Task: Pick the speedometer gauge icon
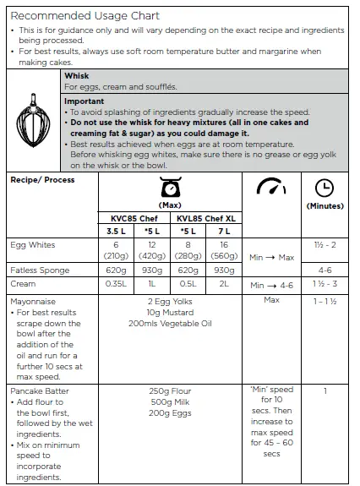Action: (271, 188)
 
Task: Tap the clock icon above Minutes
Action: (324, 188)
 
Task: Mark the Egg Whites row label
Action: (33, 245)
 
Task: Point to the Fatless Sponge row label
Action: (39, 270)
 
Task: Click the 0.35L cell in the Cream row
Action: (116, 284)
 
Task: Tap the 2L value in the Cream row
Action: (223, 284)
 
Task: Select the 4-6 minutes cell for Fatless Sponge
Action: (324, 270)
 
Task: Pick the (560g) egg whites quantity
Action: (223, 256)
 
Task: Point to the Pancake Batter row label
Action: (39, 391)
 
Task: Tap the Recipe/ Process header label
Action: (41, 180)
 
